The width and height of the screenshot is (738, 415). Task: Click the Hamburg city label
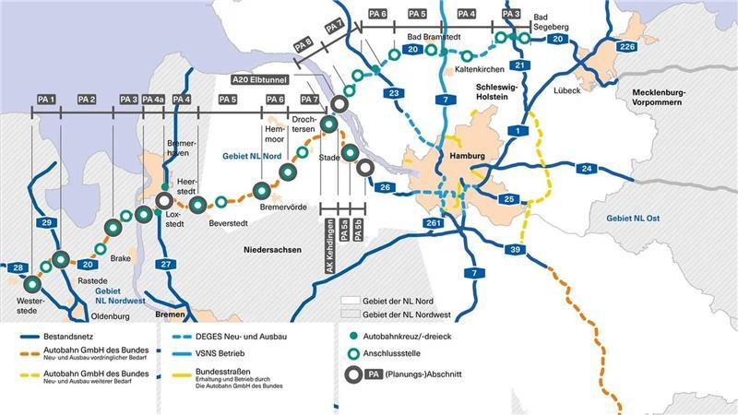coord(466,156)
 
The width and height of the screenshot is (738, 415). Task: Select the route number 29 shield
coord(45,223)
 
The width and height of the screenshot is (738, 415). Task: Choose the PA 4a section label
coord(153,99)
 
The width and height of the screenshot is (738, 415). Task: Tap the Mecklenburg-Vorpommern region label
coord(678,99)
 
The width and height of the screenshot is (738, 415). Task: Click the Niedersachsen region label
coord(274,250)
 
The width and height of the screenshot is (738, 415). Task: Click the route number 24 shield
coord(587,169)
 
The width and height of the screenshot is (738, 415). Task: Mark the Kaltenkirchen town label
coord(470,70)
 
